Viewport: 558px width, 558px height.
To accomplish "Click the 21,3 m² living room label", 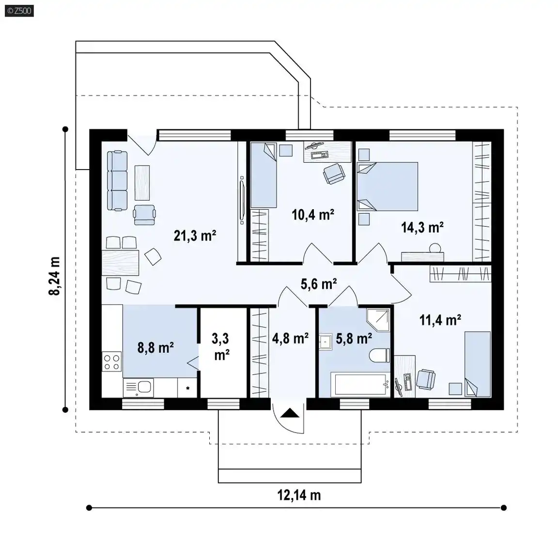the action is click(195, 235).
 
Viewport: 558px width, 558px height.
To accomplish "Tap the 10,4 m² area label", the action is click(313, 215).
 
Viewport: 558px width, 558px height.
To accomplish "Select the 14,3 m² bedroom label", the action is click(422, 227).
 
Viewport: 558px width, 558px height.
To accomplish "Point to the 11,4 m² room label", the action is click(440, 320).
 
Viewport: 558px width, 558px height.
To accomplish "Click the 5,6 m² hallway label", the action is click(319, 284).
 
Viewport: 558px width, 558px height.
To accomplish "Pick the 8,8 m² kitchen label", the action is click(155, 347).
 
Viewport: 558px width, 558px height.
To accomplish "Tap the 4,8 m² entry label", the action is click(290, 338).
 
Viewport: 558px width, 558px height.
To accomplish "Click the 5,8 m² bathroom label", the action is click(354, 338).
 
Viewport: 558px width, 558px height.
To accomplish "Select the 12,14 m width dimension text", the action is click(299, 495).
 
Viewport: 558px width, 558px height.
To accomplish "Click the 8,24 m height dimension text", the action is click(54, 276).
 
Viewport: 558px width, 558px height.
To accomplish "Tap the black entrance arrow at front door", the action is click(291, 413).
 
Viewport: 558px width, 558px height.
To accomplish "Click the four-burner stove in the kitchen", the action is click(112, 361).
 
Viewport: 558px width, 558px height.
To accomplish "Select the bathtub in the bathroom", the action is click(360, 384).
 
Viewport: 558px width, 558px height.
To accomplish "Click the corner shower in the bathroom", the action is click(378, 320).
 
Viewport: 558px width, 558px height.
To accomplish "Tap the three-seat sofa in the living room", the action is click(117, 181).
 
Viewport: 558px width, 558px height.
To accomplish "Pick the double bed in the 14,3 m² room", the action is click(387, 187).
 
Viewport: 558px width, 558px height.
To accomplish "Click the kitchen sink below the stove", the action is click(139, 387).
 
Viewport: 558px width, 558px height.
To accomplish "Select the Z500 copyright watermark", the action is click(19, 11).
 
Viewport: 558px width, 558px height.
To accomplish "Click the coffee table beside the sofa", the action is click(142, 183).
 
